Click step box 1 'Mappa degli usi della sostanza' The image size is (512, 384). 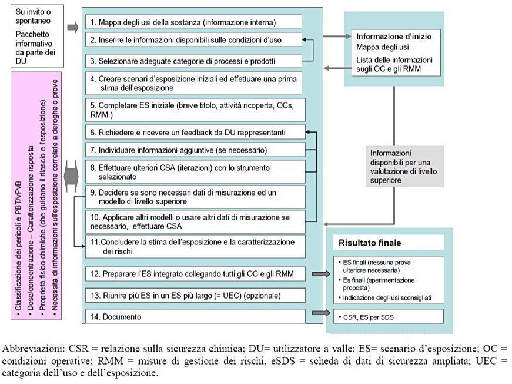[x=193, y=22]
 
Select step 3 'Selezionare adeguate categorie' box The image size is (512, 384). [x=193, y=61]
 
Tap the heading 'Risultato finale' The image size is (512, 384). [x=369, y=243]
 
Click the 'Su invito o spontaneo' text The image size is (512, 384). [x=32, y=16]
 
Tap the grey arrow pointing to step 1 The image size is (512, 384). [x=73, y=28]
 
